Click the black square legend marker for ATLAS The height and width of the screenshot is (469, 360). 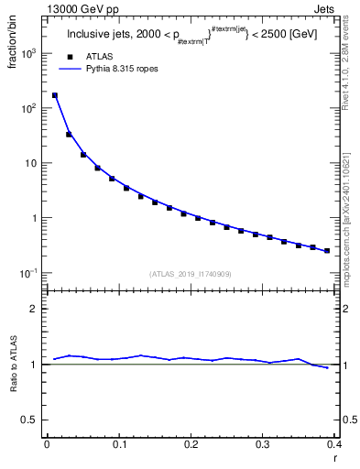click(x=69, y=58)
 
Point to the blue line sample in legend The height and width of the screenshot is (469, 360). click(x=69, y=70)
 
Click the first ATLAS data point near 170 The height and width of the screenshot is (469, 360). click(x=54, y=95)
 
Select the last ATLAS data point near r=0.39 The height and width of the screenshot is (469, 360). click(x=327, y=250)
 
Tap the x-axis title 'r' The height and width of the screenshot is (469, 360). click(x=335, y=458)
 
